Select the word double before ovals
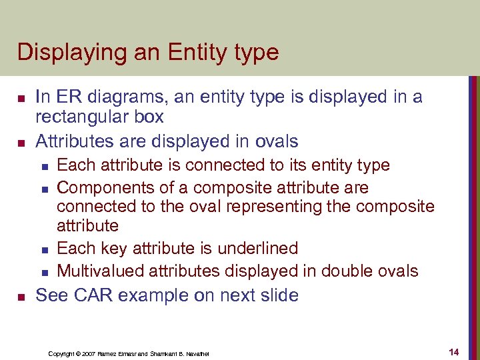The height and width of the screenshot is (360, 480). click(347, 271)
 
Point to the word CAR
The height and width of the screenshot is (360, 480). click(89, 295)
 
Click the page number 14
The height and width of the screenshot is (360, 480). click(454, 351)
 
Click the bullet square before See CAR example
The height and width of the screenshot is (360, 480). click(21, 295)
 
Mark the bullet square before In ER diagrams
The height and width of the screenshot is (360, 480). click(21, 98)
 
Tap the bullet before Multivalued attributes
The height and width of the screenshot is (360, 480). click(44, 272)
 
